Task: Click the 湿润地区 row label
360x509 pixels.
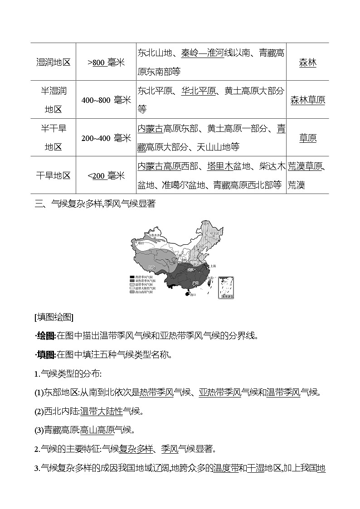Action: coord(54,63)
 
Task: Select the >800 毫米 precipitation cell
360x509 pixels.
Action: coord(106,63)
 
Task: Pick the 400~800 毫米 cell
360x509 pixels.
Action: coord(106,100)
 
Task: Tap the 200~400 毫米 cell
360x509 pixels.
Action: coord(106,138)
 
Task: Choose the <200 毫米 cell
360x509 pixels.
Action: coord(106,175)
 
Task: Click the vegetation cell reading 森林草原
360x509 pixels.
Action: coord(307,100)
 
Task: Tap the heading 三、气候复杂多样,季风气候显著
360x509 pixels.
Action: coord(95,204)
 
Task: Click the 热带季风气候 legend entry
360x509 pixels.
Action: coord(142,276)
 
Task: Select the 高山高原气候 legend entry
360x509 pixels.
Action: coord(142,292)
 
